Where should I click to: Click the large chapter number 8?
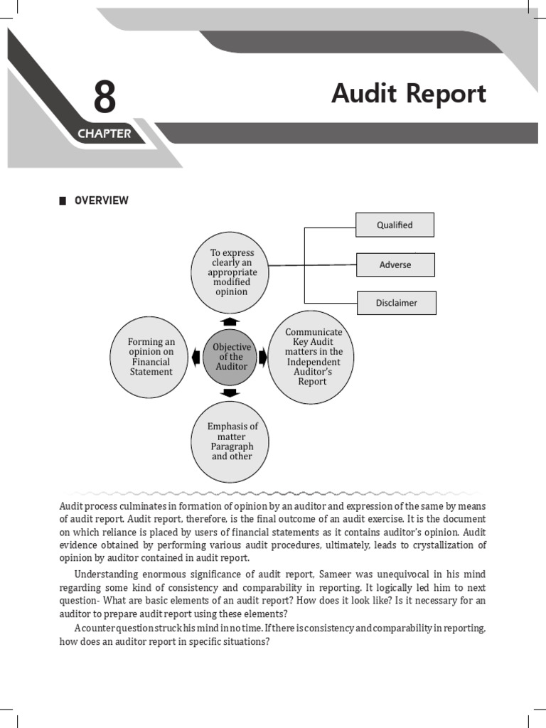(104, 97)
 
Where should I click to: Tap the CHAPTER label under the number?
(104, 134)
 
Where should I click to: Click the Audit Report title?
(409, 94)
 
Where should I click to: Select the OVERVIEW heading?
(102, 200)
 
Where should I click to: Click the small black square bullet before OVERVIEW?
(63, 200)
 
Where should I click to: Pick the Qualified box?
(395, 225)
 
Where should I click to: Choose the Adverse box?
(395, 264)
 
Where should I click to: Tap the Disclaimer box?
(396, 303)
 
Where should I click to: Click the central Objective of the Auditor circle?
(231, 356)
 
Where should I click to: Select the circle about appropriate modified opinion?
(230, 272)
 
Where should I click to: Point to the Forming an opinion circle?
(151, 356)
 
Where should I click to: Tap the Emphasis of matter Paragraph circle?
(231, 441)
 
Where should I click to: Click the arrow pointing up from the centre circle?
(230, 321)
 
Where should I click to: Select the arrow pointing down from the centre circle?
(230, 392)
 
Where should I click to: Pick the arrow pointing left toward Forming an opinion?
(195, 356)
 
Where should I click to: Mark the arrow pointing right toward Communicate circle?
(262, 357)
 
